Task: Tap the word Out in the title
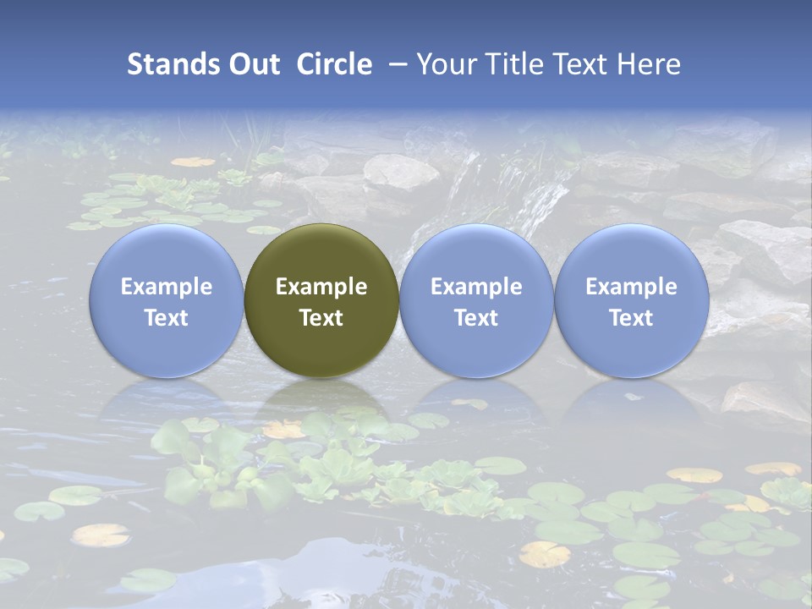(253, 64)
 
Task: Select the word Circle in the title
(334, 64)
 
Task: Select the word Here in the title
(650, 64)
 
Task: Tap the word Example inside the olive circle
(321, 287)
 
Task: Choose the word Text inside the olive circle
(321, 318)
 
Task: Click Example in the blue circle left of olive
(167, 287)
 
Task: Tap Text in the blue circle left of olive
(167, 318)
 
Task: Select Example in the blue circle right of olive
(476, 287)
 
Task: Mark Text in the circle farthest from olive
(631, 318)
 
